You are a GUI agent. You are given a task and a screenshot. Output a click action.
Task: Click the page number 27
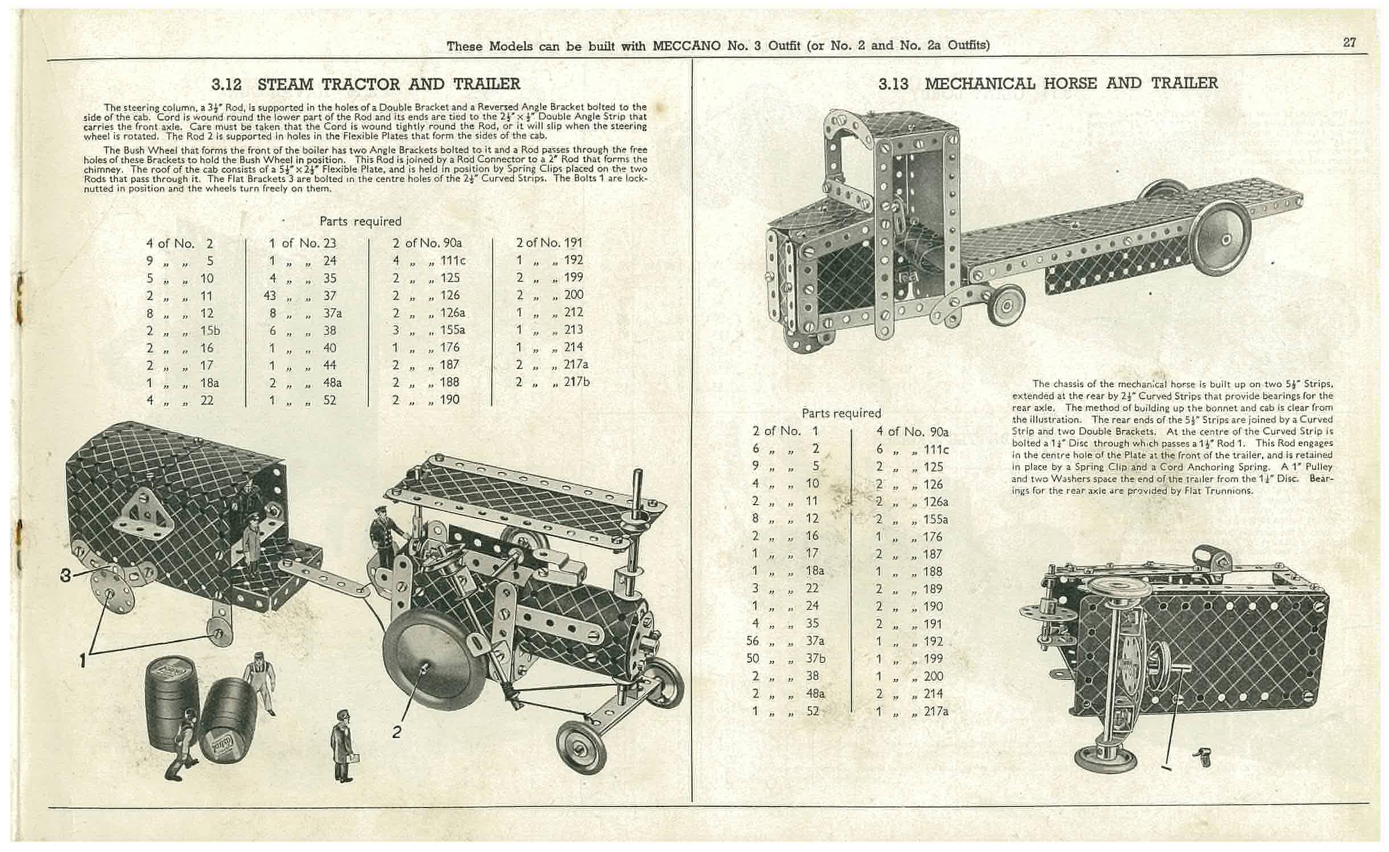click(x=1349, y=43)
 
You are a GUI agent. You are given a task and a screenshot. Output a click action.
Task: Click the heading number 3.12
click(x=227, y=85)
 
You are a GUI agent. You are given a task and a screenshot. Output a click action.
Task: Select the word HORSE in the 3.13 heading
click(x=1070, y=83)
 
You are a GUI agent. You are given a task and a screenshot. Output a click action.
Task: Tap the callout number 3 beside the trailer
click(x=67, y=575)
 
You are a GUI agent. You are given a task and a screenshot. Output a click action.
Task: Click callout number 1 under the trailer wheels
click(x=83, y=660)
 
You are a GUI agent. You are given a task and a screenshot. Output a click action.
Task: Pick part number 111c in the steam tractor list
click(x=453, y=261)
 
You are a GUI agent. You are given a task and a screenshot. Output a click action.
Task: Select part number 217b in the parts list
click(x=576, y=382)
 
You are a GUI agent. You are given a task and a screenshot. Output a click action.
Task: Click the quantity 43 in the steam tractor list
click(x=270, y=296)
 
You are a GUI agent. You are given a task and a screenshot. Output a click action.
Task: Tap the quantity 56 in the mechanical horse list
click(x=753, y=641)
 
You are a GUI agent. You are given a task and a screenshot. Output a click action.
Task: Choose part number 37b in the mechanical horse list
click(x=815, y=659)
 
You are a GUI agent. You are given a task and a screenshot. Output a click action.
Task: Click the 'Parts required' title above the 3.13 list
click(x=841, y=413)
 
